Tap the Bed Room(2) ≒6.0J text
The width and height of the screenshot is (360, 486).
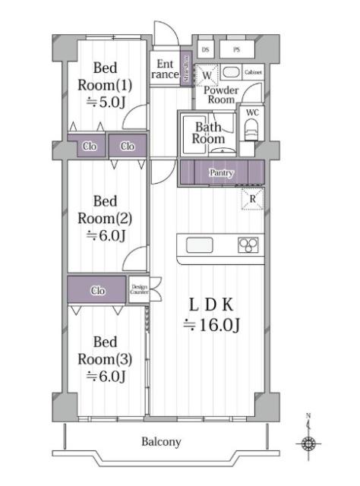pos(105,219)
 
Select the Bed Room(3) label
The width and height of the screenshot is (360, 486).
pos(105,358)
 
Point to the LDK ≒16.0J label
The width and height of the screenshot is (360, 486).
pos(213,314)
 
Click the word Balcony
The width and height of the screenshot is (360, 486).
pos(161,441)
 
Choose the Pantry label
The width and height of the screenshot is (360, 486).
pos(221,173)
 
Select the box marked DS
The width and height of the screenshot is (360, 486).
pos(205,49)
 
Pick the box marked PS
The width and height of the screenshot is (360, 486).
pos(236,49)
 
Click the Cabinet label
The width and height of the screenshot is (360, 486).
pos(253,72)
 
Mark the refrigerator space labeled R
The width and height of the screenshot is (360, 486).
pos(252,199)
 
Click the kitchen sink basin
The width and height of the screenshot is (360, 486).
pos(200,245)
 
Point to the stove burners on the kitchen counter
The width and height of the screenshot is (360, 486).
pos(248,245)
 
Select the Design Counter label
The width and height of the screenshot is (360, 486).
pos(138,289)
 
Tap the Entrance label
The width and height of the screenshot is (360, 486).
pos(166,70)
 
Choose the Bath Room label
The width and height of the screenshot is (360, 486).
pos(207,134)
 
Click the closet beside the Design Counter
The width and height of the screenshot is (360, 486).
pos(97,290)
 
